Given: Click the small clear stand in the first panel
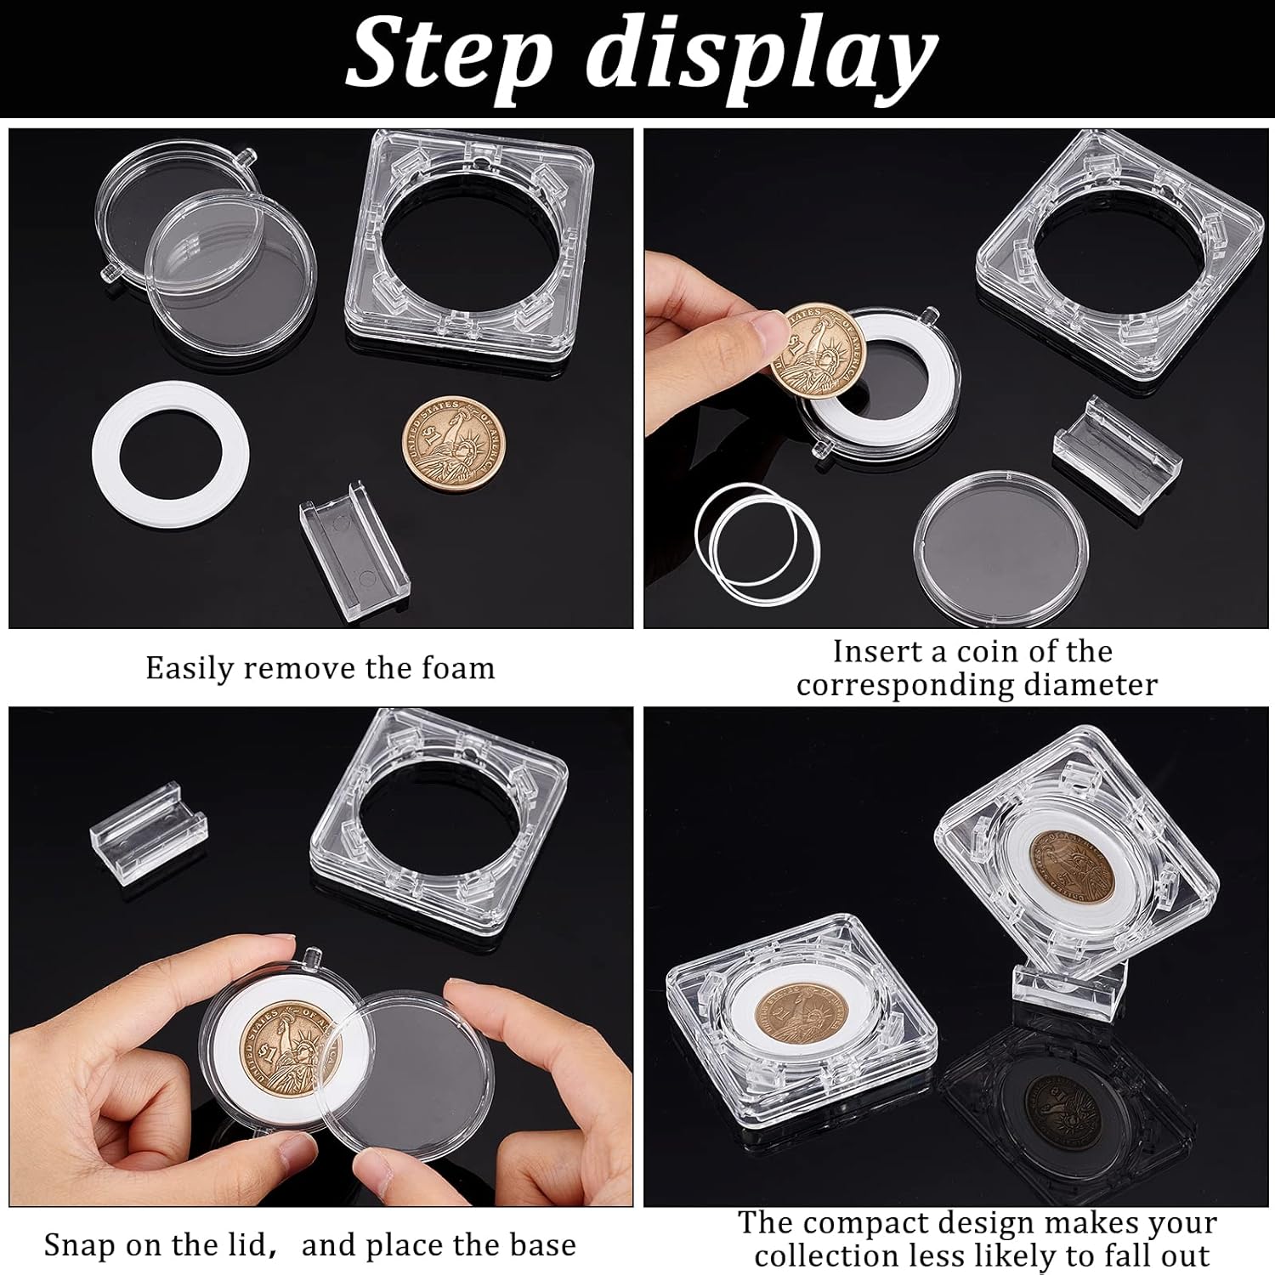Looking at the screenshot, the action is [x=354, y=542].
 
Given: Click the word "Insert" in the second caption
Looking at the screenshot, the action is [x=871, y=652].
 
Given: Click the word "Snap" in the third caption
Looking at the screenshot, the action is [x=81, y=1246].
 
